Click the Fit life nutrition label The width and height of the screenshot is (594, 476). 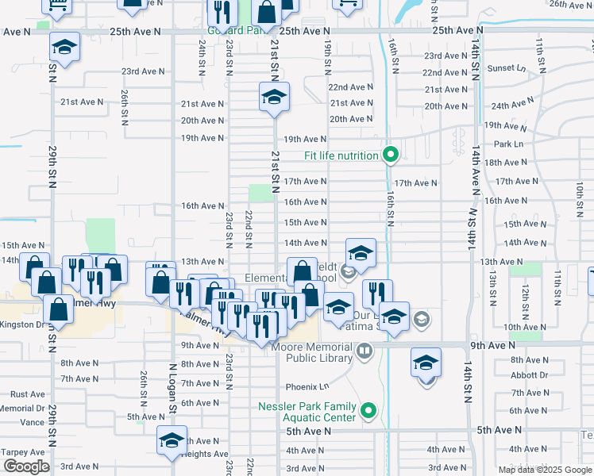[x=341, y=155]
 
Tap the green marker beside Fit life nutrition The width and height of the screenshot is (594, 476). [x=389, y=154]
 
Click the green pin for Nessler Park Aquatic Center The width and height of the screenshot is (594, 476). [x=368, y=411]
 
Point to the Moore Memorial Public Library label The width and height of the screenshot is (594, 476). [x=311, y=352]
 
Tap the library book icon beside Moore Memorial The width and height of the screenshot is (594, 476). [x=364, y=350]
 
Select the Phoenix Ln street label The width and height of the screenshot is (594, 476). [x=307, y=386]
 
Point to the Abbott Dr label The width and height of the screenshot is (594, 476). [x=530, y=375]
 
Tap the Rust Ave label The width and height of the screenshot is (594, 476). [x=28, y=394]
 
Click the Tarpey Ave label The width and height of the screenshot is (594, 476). [x=17, y=452]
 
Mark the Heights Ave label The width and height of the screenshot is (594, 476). [x=206, y=454]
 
